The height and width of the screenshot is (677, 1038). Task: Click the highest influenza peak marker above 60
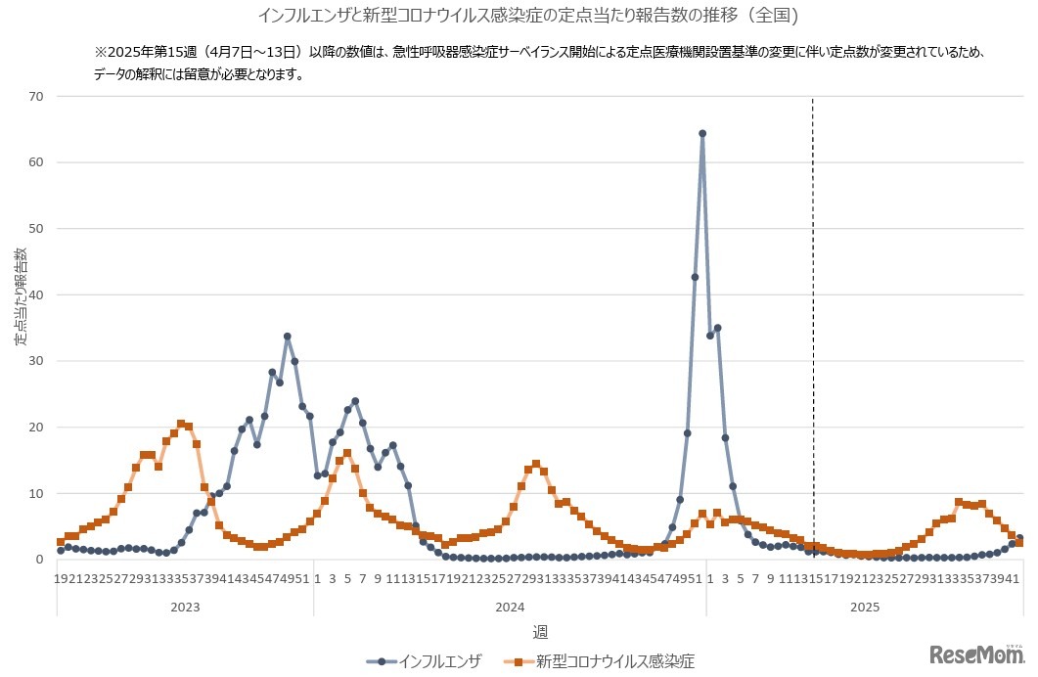702,133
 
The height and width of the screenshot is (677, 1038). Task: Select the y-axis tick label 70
37,96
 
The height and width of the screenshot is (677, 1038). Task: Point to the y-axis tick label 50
37,228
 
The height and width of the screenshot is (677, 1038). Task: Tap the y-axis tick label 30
37,361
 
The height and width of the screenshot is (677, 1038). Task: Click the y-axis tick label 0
41,560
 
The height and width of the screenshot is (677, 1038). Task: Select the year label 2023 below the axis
185,607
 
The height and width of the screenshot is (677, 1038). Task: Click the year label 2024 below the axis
510,607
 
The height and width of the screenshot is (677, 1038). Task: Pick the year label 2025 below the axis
864,607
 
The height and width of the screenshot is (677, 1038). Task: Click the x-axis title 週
540,633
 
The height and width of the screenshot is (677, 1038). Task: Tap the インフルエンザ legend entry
425,661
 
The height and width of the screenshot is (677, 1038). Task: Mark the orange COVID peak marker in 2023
181,424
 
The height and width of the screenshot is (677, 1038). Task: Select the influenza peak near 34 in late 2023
288,337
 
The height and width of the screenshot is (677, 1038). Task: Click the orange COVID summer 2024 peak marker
536,465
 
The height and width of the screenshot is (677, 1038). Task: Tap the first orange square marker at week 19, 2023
61,542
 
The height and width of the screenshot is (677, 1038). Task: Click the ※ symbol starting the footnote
99,51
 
